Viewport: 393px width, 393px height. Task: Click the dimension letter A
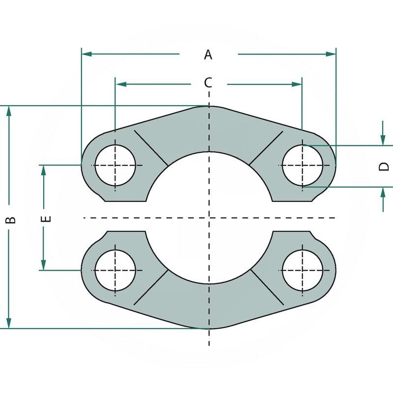(208, 55)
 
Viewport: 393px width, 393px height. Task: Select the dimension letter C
(208, 83)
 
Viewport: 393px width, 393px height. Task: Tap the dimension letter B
(10, 220)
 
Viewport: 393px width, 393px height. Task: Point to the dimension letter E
(46, 219)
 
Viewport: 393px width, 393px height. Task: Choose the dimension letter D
(384, 167)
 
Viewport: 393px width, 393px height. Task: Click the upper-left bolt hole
(115, 165)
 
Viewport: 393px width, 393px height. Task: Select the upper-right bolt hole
(303, 165)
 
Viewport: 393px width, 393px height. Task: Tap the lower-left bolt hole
(115, 270)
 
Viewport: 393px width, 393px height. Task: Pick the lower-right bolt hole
(303, 270)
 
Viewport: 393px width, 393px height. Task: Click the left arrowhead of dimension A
(86, 54)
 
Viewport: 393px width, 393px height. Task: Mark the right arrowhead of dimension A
(331, 54)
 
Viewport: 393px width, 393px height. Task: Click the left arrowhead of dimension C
(120, 84)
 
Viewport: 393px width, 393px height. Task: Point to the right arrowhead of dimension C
(297, 84)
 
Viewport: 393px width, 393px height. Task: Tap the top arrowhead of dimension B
(9, 111)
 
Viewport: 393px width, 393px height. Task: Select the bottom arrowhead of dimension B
(9, 323)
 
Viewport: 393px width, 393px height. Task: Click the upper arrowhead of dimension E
(44, 170)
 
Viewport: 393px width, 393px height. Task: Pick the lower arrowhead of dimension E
(44, 265)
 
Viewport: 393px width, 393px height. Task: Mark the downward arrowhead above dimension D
(383, 140)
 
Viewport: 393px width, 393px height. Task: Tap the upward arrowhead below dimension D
(383, 192)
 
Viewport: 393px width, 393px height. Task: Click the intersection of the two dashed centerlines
(209, 218)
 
